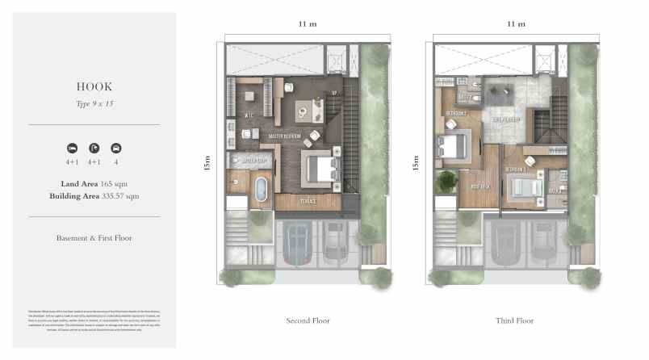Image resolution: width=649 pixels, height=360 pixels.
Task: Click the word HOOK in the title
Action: (x=94, y=86)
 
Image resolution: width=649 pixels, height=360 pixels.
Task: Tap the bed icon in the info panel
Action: (x=72, y=149)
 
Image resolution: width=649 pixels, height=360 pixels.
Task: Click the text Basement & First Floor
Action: (x=94, y=238)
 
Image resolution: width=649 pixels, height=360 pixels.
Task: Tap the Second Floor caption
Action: (x=308, y=320)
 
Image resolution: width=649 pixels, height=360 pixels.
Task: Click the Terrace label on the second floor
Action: (x=308, y=200)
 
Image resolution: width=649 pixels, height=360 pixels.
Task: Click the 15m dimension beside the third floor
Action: (x=416, y=164)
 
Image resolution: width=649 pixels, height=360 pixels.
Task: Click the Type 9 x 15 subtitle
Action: (x=94, y=103)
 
